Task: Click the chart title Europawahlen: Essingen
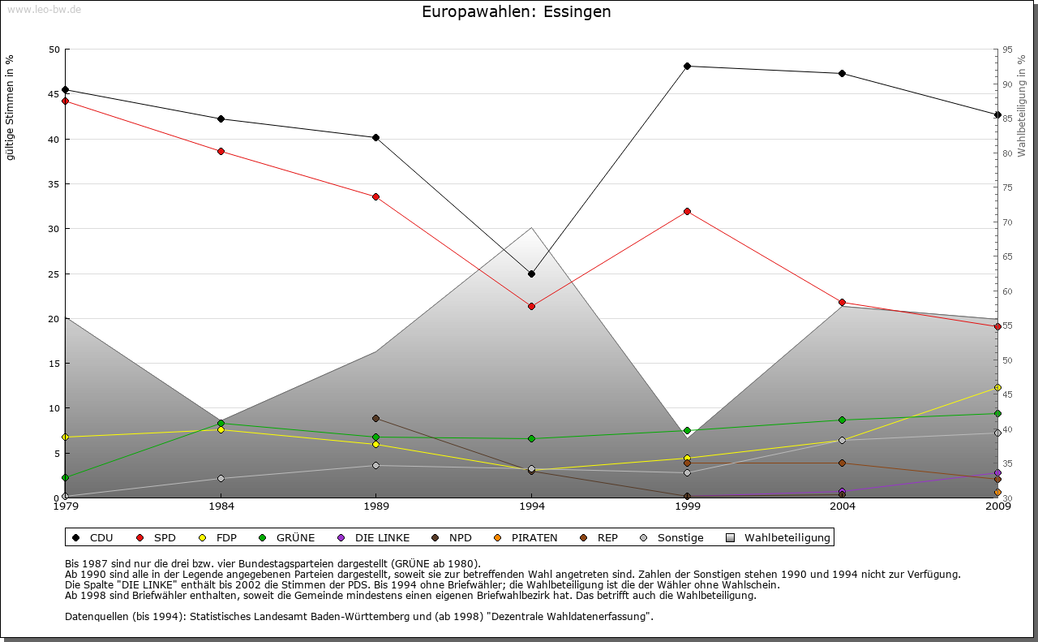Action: (x=517, y=12)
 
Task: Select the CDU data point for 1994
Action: (x=531, y=274)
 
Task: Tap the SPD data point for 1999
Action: (x=687, y=211)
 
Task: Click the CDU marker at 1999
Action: (x=687, y=66)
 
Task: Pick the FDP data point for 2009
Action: (x=997, y=387)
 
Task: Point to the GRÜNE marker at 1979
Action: (x=65, y=477)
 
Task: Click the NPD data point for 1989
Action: (x=375, y=418)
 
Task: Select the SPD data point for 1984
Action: (x=221, y=151)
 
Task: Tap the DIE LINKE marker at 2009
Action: (x=997, y=472)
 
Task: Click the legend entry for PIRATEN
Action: (x=526, y=537)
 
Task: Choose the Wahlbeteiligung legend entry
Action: (x=779, y=537)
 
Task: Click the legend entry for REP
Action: (x=599, y=537)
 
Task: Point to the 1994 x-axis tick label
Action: (x=531, y=506)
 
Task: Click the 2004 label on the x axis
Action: (x=843, y=506)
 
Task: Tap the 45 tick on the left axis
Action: (x=54, y=94)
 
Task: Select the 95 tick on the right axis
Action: (x=1007, y=50)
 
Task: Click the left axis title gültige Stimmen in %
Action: (x=11, y=107)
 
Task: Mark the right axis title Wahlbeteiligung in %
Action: (x=1022, y=106)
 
